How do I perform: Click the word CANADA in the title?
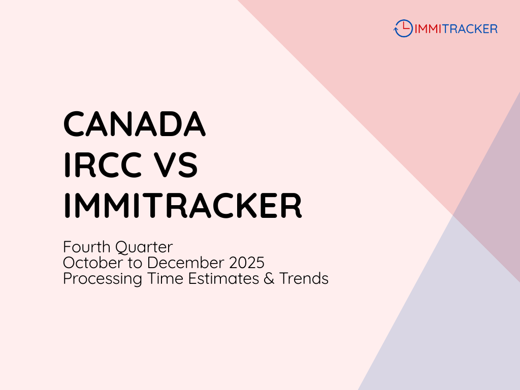[x=135, y=124]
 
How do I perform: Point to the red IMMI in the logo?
[x=427, y=29]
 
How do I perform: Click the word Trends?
[x=304, y=279]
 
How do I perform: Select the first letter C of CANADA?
[x=74, y=124]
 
